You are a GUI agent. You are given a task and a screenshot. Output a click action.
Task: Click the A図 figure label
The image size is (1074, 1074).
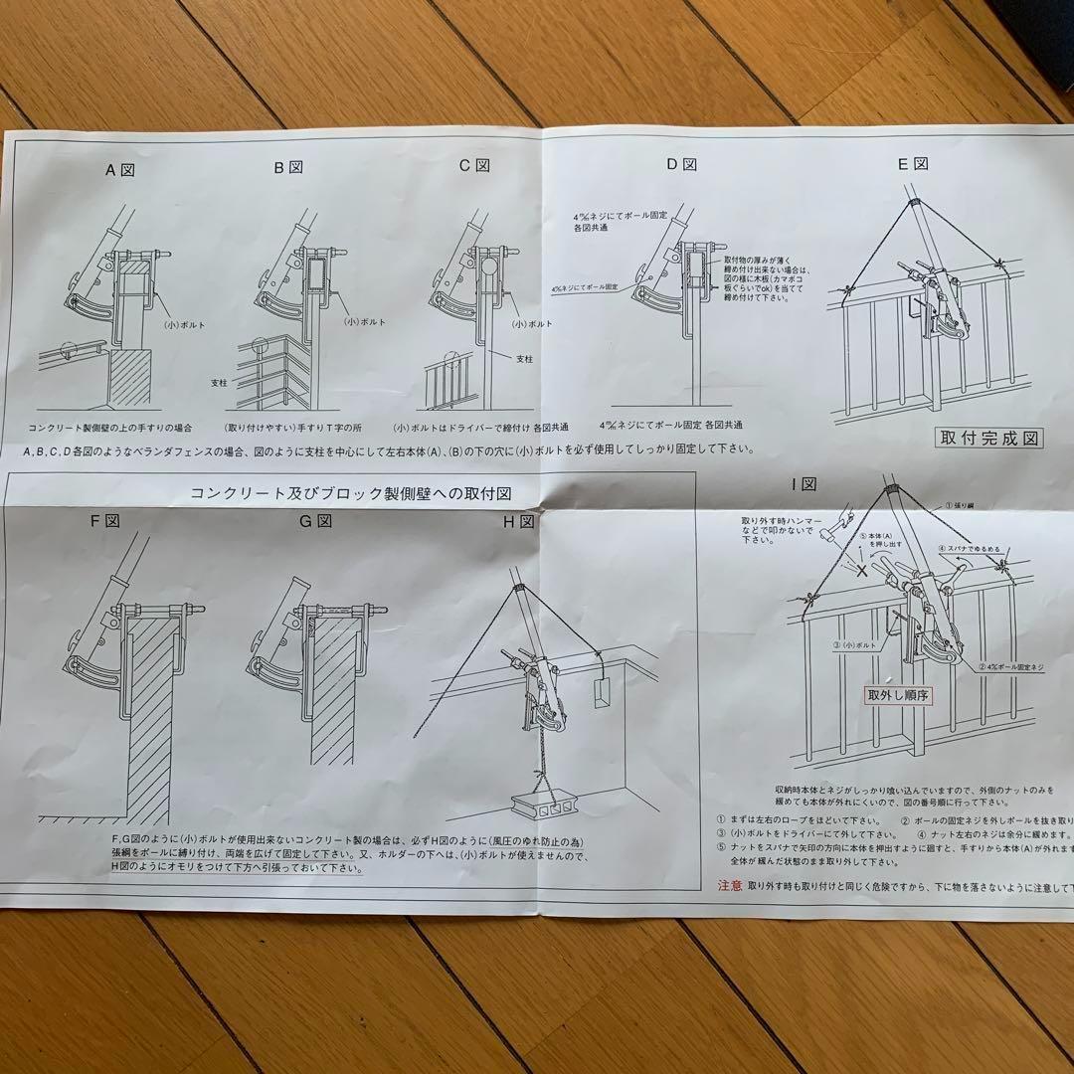(120, 169)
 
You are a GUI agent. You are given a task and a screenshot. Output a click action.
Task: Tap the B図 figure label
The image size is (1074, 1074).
(288, 167)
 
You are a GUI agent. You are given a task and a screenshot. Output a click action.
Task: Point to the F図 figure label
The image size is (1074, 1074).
(104, 521)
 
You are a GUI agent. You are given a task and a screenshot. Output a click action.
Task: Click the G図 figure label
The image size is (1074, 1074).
(314, 521)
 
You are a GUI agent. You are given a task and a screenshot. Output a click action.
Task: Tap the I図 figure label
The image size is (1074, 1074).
(803, 484)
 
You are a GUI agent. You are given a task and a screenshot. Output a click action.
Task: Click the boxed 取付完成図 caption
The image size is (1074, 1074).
(989, 438)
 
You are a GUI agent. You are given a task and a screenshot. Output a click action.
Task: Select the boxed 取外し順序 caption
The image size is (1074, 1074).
(897, 696)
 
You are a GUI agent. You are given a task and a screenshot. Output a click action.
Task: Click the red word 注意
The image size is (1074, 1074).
(729, 883)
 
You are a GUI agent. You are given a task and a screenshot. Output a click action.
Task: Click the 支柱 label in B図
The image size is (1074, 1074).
(219, 381)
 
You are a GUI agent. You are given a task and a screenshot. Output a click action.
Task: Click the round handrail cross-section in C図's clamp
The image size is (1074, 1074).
(488, 268)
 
